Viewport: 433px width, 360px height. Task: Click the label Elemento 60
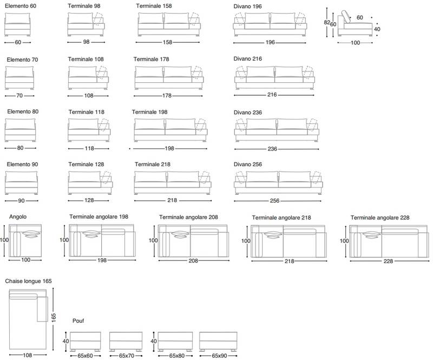21,6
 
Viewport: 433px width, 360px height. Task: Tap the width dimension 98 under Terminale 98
86,42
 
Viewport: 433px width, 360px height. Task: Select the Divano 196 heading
247,6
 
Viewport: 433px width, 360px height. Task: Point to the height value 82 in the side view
327,22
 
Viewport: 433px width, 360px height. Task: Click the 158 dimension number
167,42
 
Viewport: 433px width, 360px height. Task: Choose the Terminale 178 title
151,59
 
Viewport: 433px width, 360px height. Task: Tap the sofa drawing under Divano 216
274,77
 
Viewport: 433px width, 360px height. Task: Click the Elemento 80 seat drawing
20,130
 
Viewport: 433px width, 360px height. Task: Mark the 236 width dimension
272,149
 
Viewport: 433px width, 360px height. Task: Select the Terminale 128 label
86,165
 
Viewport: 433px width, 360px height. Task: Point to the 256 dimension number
274,201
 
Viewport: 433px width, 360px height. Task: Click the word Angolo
18,217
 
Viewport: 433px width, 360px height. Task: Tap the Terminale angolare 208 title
188,217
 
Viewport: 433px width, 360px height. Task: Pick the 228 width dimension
388,261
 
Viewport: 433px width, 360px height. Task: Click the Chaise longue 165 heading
28,281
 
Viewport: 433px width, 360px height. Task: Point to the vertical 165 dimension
54,317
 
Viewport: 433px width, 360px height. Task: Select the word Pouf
78,321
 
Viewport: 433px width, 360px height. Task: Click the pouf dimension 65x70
127,356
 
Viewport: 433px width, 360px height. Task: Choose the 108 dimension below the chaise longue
28,355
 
